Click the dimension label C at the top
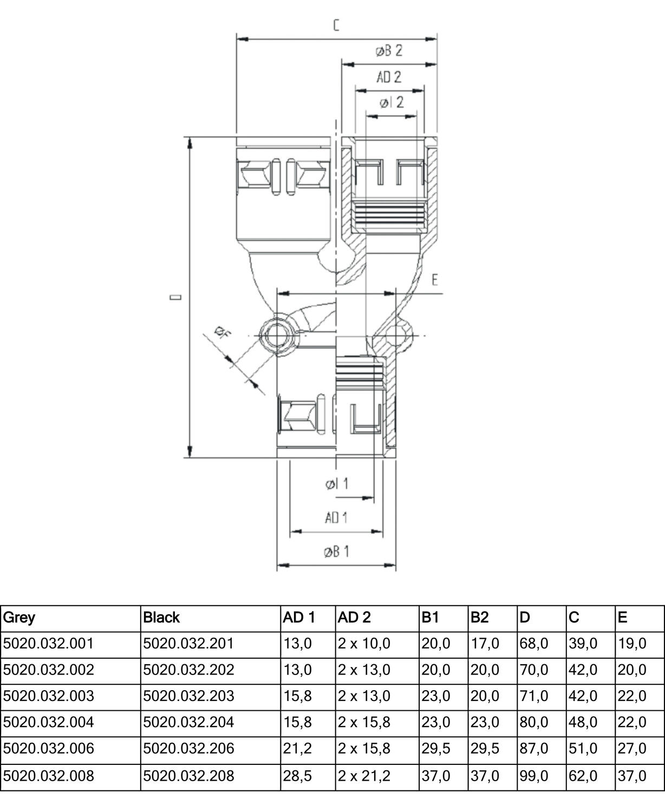point(336,25)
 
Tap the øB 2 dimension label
point(389,51)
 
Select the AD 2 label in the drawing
point(389,77)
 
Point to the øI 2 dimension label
point(391,102)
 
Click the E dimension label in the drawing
point(434,280)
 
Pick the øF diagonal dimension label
point(222,332)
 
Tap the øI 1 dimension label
point(336,484)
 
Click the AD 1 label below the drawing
point(336,518)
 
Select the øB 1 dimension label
point(336,552)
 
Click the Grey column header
point(19,618)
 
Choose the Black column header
point(161,618)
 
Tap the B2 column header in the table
point(479,618)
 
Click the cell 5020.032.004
point(49,722)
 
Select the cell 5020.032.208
point(188,776)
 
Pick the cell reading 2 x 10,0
point(364,644)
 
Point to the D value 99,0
point(534,776)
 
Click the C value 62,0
point(583,776)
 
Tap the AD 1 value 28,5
point(297,776)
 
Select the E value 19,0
point(632,644)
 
